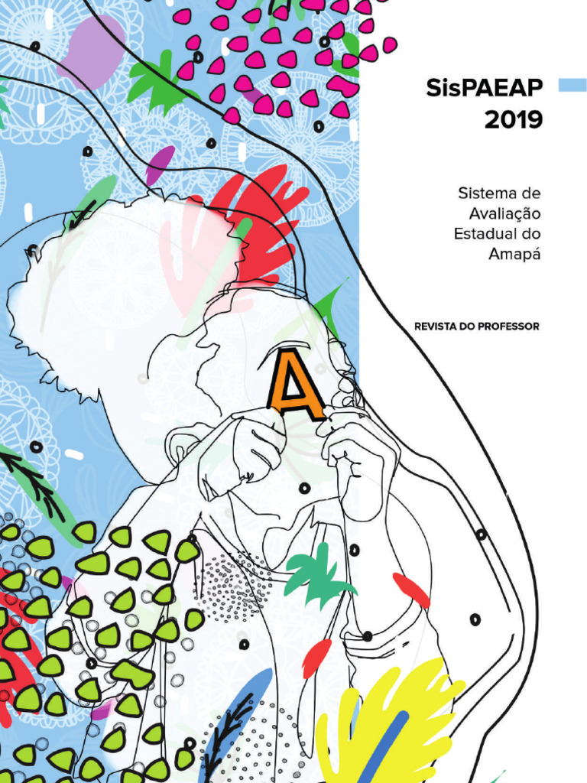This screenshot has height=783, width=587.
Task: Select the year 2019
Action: [514, 120]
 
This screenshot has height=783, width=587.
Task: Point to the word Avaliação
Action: [504, 214]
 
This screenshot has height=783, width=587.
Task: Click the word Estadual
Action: [485, 234]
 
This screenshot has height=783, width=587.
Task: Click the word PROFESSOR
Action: [509, 327]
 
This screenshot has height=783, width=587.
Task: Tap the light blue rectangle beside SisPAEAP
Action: [572, 85]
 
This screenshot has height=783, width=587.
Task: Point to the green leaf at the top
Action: [157, 80]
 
